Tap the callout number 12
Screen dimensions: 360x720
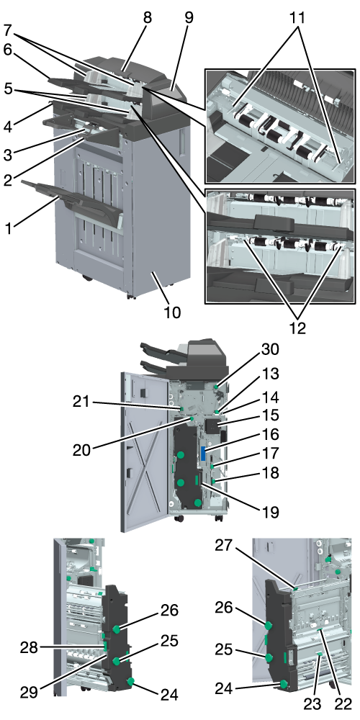click(297, 329)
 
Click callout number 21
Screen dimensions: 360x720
click(84, 402)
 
